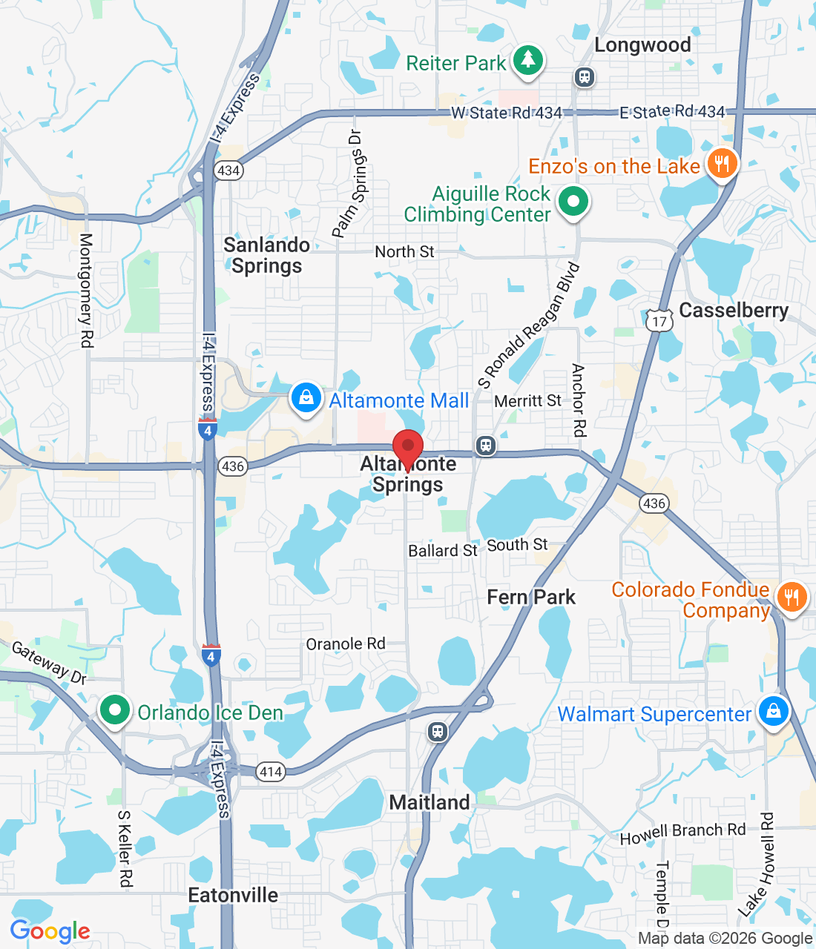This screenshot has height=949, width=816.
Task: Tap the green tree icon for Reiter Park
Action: (x=527, y=59)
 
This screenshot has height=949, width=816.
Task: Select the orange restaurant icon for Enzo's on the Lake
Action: (x=722, y=163)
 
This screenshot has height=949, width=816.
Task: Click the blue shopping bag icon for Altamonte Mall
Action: (x=306, y=398)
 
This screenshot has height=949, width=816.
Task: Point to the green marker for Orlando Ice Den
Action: (x=115, y=710)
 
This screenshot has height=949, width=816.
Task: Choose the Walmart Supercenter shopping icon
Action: (x=774, y=711)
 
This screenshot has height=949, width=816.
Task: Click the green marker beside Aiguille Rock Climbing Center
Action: (x=573, y=201)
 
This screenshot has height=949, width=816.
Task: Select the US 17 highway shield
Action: (x=659, y=320)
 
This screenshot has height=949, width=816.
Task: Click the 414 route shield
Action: (x=271, y=772)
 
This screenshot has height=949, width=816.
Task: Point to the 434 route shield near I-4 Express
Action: (x=228, y=171)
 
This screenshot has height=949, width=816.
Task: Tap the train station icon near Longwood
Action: (x=585, y=76)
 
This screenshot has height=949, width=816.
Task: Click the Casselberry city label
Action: (x=734, y=310)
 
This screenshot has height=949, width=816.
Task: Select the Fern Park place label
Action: (x=531, y=597)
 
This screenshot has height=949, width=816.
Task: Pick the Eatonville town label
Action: (x=233, y=895)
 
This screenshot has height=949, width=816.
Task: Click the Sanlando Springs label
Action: (x=267, y=255)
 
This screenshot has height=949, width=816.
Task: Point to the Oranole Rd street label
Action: (x=346, y=644)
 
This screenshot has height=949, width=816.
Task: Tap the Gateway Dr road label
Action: (x=49, y=662)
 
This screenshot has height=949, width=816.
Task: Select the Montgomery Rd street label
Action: (x=86, y=290)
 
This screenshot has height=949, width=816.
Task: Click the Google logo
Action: (x=50, y=931)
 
